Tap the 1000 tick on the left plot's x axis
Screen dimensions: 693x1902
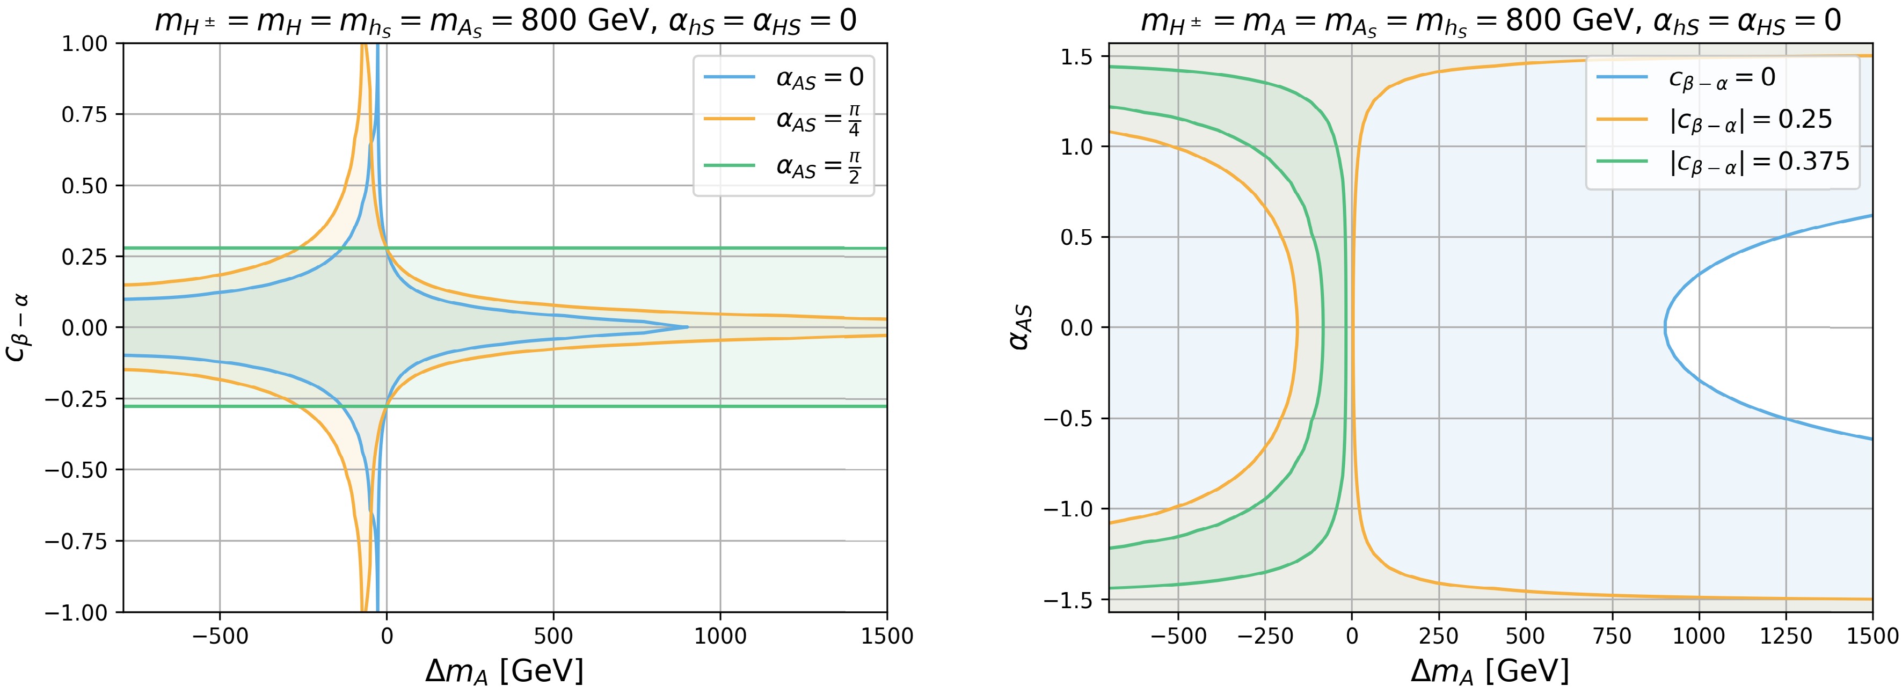click(720, 636)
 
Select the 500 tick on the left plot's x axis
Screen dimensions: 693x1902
click(553, 636)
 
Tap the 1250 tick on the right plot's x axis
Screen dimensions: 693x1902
click(1786, 636)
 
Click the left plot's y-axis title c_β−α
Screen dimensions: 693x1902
click(18, 327)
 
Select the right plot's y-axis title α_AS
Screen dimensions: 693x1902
click(1021, 327)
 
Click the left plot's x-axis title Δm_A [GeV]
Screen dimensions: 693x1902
click(504, 672)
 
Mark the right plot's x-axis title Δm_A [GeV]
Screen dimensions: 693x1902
click(1490, 672)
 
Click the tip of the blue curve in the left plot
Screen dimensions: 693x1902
click(687, 327)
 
